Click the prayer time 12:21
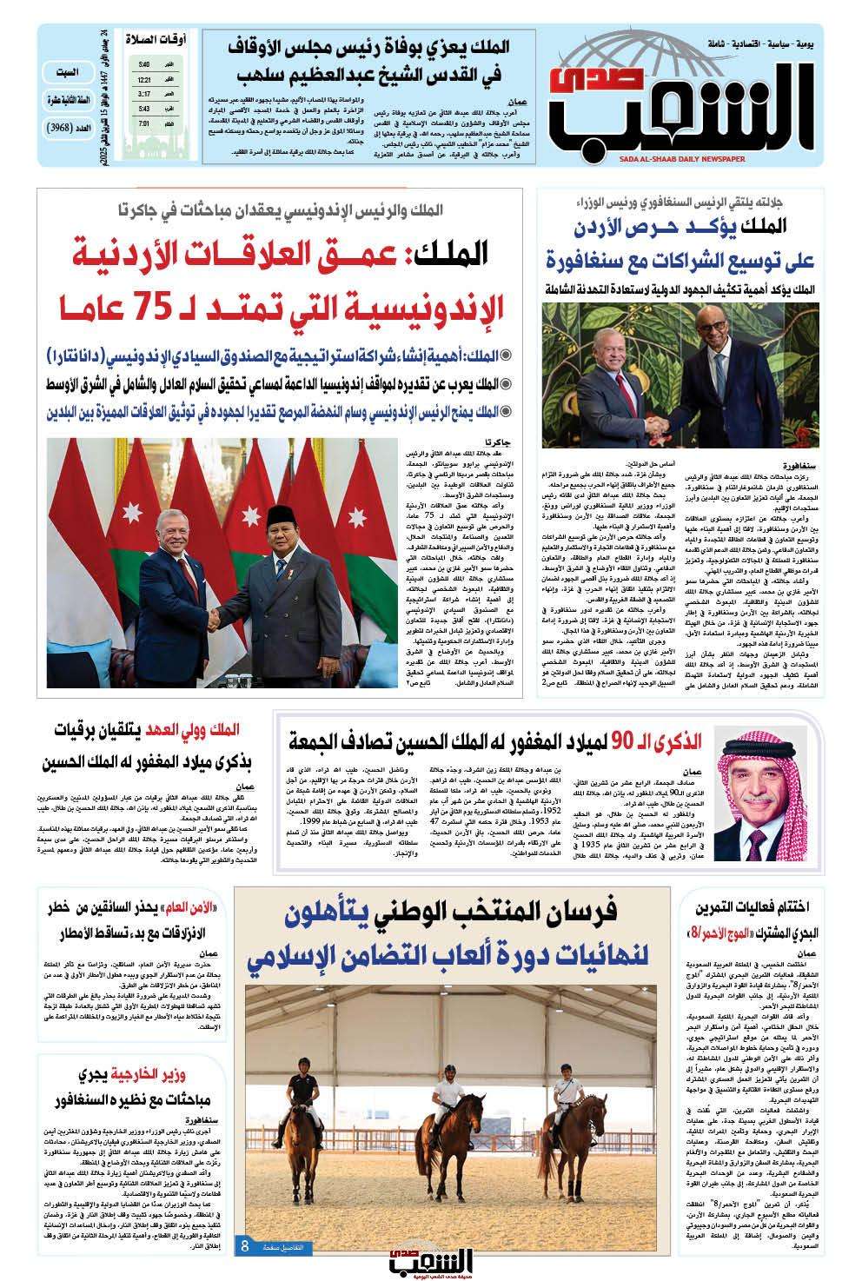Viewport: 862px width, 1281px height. pyautogui.click(x=143, y=79)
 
